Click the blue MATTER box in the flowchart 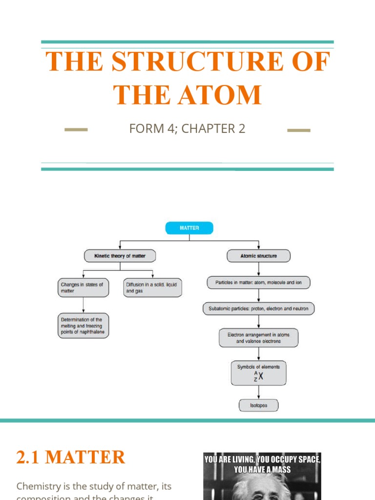(189, 228)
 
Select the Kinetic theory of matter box (120, 256)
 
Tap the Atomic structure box (258, 256)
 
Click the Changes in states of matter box (83, 288)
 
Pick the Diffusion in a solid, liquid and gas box (152, 288)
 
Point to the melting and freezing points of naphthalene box (83, 326)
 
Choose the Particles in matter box (258, 283)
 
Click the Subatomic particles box (258, 309)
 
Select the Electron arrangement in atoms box (258, 338)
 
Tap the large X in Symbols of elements (261, 376)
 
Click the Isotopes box (258, 405)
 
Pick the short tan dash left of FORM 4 (76, 130)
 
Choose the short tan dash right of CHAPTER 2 (299, 130)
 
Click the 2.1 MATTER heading (71, 458)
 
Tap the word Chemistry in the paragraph (40, 486)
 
